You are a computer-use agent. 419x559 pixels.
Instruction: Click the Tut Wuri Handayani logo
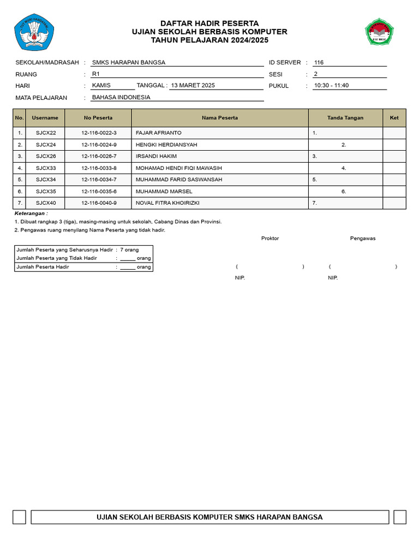34,32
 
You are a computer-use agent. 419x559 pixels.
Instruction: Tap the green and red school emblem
379,32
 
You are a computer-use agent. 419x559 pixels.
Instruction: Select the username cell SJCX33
46,168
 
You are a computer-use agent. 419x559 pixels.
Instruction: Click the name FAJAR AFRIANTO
159,133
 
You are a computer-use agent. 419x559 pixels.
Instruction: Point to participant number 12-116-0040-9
99,203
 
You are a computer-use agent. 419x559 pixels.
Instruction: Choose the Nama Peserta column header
220,118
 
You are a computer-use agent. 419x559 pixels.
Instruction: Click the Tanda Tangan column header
345,118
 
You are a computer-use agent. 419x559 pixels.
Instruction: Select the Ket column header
394,118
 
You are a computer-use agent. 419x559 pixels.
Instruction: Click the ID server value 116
319,63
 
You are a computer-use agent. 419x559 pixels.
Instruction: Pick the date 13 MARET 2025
193,86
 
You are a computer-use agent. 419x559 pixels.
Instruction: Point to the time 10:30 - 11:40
331,86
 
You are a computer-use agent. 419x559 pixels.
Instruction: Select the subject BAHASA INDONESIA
121,98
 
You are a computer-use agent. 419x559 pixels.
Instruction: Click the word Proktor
270,239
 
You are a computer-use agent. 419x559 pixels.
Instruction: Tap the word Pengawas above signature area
363,239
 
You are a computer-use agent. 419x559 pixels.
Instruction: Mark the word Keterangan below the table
31,213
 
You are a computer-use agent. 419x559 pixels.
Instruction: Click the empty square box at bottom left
19,517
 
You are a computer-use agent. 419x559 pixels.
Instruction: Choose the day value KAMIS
101,86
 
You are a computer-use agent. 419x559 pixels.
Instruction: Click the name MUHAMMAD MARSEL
164,192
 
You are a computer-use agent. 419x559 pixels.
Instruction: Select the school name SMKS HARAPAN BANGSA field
129,63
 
